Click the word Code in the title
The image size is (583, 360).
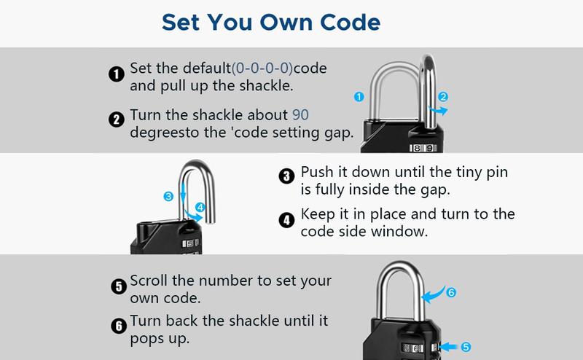click(350, 23)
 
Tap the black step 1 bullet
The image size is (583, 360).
click(117, 74)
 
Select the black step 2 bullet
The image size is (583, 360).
click(117, 120)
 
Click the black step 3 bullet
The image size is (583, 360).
click(286, 176)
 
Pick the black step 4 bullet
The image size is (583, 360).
click(286, 220)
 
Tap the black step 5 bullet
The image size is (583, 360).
click(119, 286)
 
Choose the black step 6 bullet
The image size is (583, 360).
click(119, 326)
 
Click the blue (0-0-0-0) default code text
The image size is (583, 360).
click(262, 69)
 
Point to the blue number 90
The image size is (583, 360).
click(300, 115)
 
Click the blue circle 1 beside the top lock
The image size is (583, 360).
click(359, 97)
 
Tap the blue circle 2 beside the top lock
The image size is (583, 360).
click(443, 97)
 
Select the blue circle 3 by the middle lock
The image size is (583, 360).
click(168, 196)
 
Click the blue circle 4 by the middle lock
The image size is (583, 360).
click(200, 208)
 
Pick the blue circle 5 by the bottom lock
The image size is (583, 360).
click(466, 347)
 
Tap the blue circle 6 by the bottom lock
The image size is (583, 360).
click(451, 292)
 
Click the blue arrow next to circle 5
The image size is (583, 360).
click(448, 347)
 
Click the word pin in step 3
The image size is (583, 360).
click(497, 173)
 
